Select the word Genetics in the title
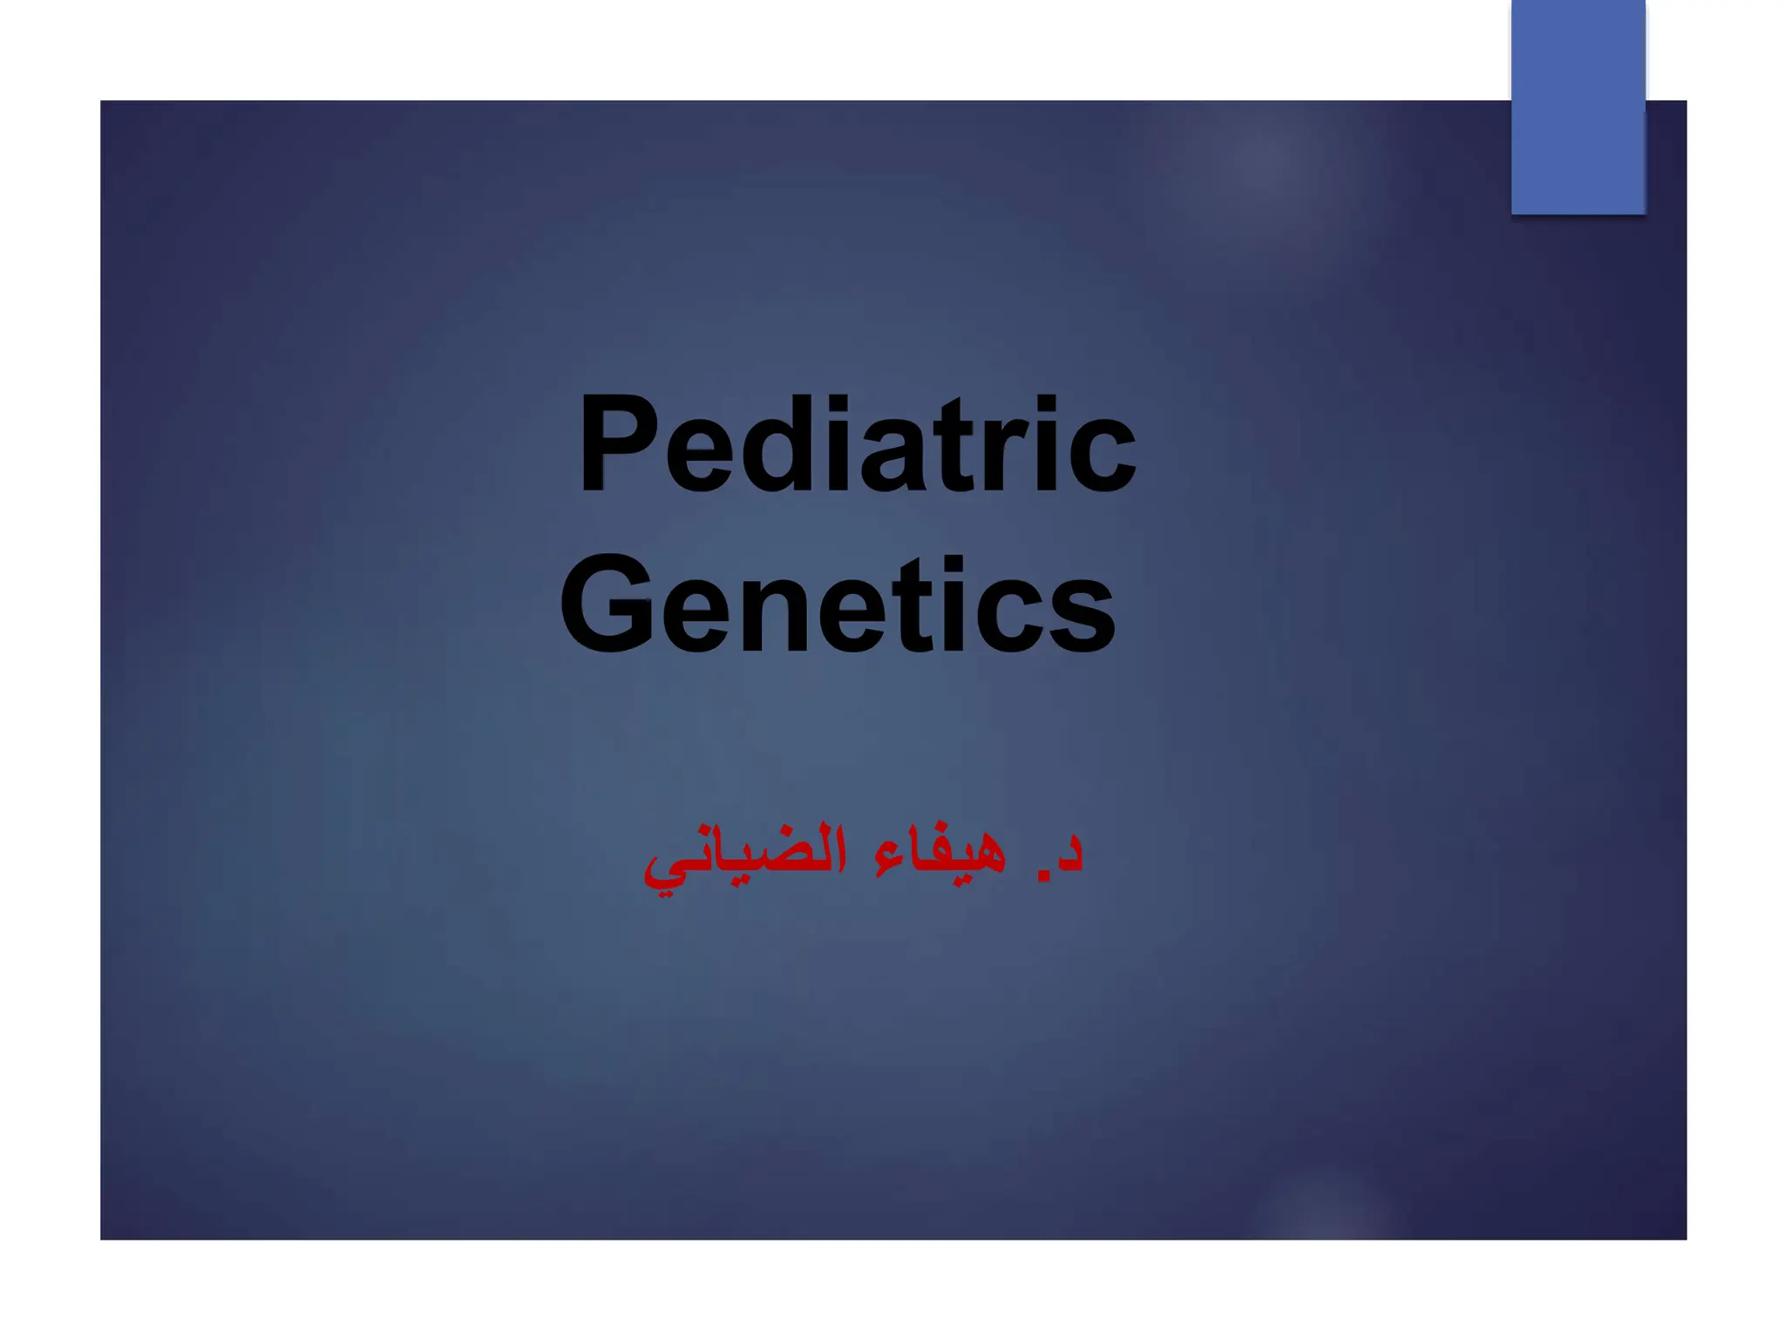(837, 605)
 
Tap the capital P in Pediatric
(618, 444)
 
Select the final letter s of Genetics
(1081, 614)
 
